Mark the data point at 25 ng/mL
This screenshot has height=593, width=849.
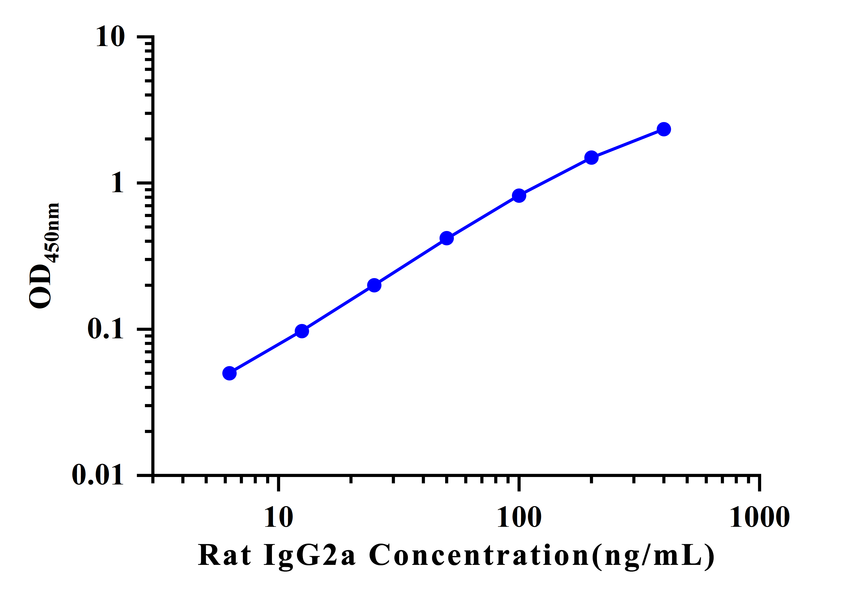click(x=374, y=285)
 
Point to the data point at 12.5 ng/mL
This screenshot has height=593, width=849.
click(x=302, y=331)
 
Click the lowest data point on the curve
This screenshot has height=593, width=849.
click(x=229, y=373)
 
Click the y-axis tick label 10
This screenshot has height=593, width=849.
click(x=110, y=37)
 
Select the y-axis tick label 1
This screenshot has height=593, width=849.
click(x=118, y=183)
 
